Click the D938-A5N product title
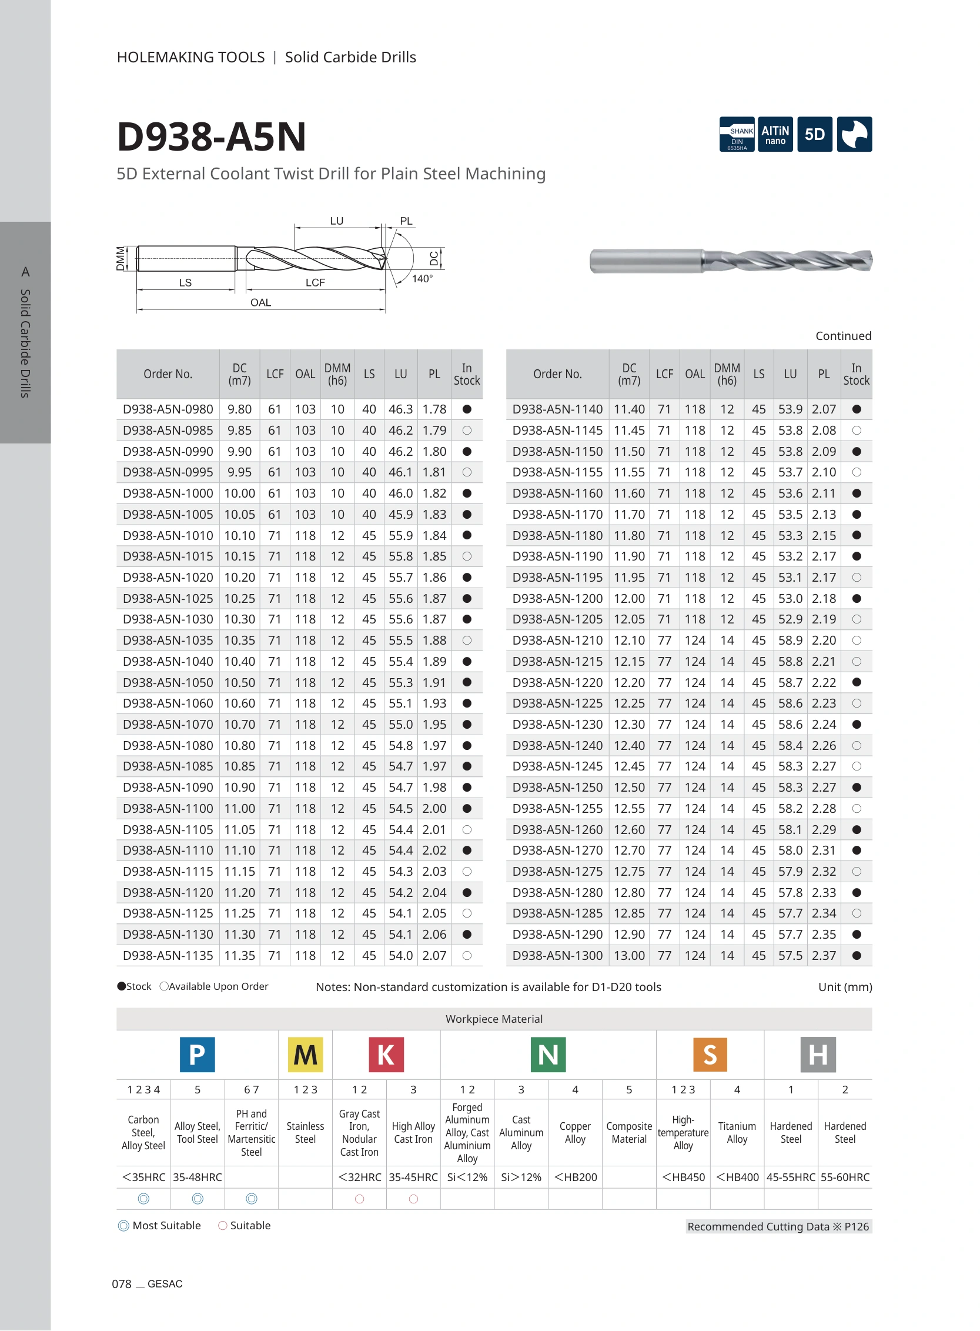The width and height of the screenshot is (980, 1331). click(211, 136)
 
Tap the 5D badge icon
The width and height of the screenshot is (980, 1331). click(814, 134)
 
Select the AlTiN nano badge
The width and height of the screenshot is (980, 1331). click(775, 134)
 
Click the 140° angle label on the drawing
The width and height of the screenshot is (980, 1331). click(422, 279)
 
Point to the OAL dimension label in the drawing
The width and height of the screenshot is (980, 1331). click(260, 303)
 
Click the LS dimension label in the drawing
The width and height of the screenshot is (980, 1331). click(185, 282)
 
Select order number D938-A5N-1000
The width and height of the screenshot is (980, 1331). click(168, 493)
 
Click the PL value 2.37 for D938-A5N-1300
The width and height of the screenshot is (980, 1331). click(824, 955)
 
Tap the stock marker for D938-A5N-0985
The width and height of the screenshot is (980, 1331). click(467, 430)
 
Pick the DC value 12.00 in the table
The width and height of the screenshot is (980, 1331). click(629, 598)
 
